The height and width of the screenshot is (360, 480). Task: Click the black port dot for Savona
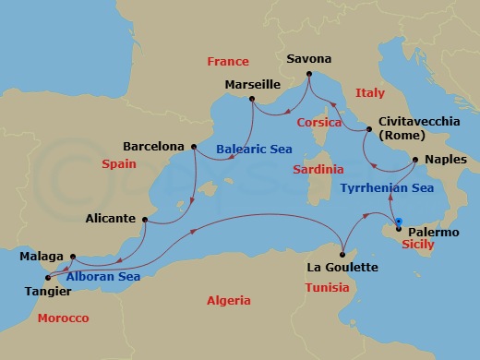308,73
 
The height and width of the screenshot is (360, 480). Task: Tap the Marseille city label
253,85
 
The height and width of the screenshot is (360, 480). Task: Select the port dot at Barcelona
193,146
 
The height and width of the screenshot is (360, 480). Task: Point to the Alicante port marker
144,219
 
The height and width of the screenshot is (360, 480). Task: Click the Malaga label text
42,256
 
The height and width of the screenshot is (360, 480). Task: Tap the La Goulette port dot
342,254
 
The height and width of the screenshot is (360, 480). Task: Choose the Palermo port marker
398,227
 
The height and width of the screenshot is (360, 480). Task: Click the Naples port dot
415,160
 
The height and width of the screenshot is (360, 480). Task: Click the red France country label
228,62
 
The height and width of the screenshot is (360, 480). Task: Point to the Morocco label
63,318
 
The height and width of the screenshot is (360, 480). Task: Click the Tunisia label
327,287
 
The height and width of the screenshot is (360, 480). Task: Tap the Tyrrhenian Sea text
387,187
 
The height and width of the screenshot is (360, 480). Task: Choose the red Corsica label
319,122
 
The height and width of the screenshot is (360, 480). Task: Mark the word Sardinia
318,170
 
